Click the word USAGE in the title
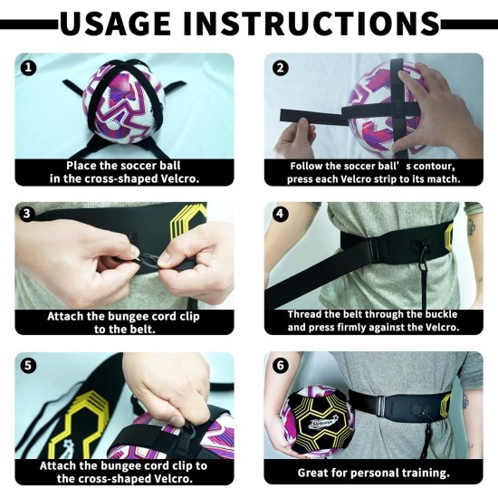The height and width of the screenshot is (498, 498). click(116, 24)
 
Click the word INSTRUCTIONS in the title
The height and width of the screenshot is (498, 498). click(311, 24)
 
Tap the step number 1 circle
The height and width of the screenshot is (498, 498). click(29, 68)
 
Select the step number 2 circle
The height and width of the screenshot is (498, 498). click(281, 68)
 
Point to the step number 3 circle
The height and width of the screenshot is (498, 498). click(26, 214)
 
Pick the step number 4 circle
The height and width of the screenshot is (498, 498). click(280, 214)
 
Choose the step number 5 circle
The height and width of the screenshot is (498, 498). click(28, 365)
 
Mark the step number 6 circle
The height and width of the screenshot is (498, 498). click(280, 365)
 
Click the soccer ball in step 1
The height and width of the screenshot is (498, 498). click(124, 101)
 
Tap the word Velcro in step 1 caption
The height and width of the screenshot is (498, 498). click(180, 178)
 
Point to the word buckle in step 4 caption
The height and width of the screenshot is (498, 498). click(441, 314)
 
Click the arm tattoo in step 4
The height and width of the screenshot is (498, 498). click(471, 227)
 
